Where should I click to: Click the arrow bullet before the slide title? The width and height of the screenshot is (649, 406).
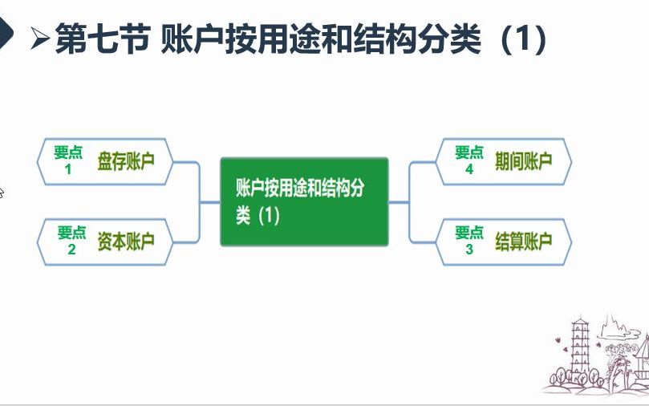[41, 39]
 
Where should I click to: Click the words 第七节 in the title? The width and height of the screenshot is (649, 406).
[99, 38]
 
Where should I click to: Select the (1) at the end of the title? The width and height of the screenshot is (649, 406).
[522, 38]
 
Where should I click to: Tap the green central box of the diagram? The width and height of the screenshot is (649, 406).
[304, 201]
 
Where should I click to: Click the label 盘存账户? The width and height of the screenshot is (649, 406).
[126, 161]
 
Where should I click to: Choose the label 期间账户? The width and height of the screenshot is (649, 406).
[524, 161]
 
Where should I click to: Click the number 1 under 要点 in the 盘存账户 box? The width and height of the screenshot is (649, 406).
[68, 169]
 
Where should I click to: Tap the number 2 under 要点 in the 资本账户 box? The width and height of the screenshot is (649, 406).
[71, 250]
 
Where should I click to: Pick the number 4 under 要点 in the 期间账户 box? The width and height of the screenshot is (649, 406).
[469, 169]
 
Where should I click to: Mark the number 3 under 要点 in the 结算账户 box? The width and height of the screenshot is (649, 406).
[469, 250]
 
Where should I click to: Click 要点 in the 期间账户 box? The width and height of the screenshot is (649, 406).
[469, 152]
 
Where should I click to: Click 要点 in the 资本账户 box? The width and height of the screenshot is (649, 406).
[71, 233]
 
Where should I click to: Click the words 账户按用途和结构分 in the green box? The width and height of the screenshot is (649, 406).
[300, 189]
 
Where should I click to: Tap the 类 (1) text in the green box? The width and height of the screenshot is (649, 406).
[258, 215]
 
